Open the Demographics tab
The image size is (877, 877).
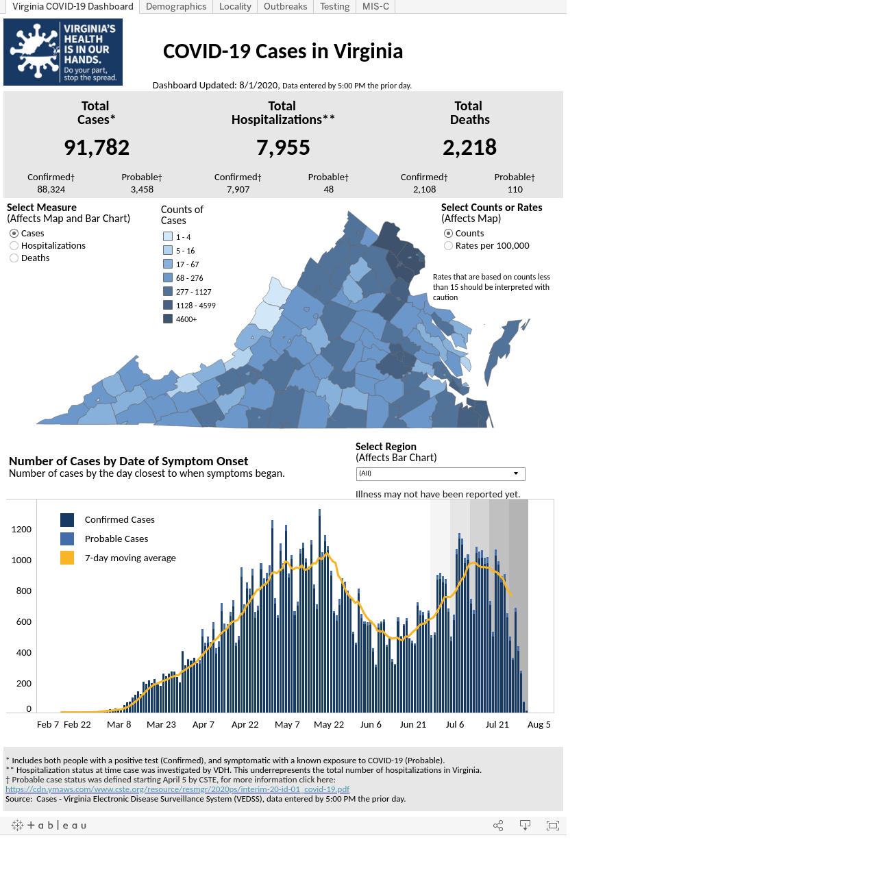[175, 6]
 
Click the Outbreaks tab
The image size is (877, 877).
[285, 6]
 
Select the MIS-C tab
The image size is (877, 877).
[375, 6]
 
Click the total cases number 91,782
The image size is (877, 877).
[97, 147]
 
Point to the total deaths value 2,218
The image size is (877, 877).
[469, 147]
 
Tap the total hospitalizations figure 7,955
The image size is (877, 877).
[282, 147]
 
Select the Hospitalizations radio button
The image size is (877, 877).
[14, 246]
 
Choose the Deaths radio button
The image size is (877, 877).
[14, 258]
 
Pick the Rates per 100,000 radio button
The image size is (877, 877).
[448, 246]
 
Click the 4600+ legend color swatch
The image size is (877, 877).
[168, 319]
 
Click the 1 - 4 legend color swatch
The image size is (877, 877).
[168, 236]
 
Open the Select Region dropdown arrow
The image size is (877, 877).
[516, 473]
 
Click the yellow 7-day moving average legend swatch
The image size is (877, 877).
[67, 558]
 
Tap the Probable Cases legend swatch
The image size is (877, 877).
[67, 539]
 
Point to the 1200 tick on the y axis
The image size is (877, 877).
[21, 529]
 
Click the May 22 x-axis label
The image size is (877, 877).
[329, 724]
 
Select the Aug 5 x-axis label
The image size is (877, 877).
[539, 724]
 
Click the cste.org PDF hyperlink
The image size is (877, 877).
[177, 789]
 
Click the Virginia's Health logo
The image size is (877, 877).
[63, 52]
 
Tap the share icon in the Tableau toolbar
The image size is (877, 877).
[498, 826]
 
